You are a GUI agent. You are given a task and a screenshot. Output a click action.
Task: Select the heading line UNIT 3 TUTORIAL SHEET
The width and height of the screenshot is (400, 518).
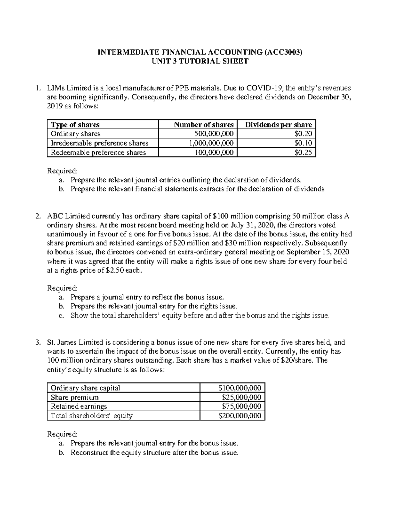pyautogui.click(x=200, y=61)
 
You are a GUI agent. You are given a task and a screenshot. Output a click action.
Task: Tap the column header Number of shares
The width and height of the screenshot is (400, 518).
pyautogui.click(x=204, y=125)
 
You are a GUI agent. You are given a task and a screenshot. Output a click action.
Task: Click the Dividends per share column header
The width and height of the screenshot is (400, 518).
pyautogui.click(x=278, y=125)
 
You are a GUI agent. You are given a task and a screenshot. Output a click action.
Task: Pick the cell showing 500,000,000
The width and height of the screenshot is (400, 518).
pyautogui.click(x=214, y=134)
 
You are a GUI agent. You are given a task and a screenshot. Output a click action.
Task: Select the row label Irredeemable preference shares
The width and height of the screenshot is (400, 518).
pyautogui.click(x=99, y=143)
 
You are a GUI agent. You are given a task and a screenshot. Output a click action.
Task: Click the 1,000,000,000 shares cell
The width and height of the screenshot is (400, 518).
pyautogui.click(x=211, y=143)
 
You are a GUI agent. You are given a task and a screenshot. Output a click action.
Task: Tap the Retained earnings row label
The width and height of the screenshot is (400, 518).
pyautogui.click(x=79, y=406)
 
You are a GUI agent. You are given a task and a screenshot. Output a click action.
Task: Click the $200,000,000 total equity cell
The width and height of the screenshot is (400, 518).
pyautogui.click(x=239, y=416)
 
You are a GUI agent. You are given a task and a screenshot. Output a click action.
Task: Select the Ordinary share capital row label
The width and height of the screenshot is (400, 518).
pyautogui.click(x=85, y=388)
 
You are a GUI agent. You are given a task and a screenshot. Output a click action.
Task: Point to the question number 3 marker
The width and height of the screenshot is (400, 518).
pyautogui.click(x=38, y=342)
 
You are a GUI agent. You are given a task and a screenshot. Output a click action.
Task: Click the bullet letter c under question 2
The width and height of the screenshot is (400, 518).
pyautogui.click(x=61, y=316)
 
